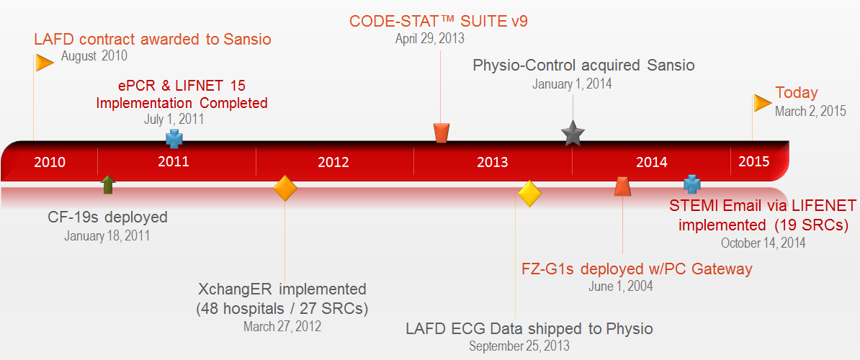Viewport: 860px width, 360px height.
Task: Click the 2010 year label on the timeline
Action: tap(50, 162)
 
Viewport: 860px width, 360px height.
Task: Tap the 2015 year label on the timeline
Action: tap(753, 162)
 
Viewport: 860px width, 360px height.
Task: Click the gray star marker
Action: tap(573, 133)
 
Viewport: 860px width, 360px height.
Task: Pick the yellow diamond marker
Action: tap(529, 194)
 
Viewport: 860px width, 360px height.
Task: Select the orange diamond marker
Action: tap(285, 188)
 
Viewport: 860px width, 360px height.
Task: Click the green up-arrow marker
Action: tap(107, 184)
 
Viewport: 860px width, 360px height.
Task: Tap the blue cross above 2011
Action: tap(174, 138)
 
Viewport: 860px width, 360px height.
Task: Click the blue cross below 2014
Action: tap(691, 184)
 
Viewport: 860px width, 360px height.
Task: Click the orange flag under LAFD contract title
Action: tap(45, 63)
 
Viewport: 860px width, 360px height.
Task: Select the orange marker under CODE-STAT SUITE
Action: tap(442, 132)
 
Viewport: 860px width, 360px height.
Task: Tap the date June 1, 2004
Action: tap(621, 286)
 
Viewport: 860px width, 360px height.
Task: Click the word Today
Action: tap(796, 93)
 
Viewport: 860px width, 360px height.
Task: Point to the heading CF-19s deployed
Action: tap(107, 217)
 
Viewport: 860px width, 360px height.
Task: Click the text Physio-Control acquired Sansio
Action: tap(583, 66)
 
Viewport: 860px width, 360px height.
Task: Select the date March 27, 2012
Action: tap(282, 325)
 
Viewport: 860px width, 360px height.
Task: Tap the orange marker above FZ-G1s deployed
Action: tap(622, 187)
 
